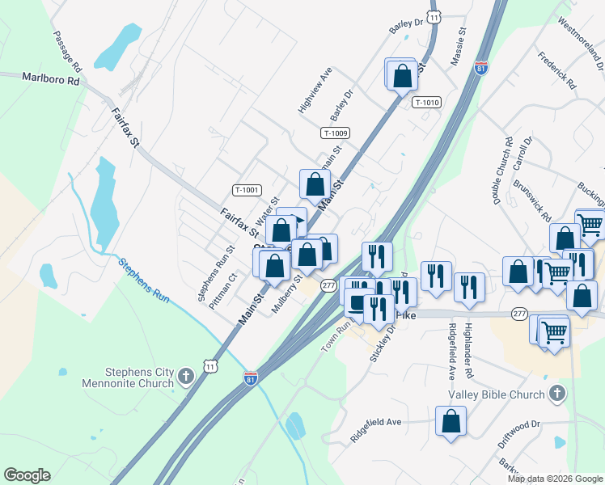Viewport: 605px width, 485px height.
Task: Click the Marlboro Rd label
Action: [x=51, y=80]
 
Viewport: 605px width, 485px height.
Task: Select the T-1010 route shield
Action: [x=426, y=102]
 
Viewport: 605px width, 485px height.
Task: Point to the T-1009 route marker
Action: [x=335, y=133]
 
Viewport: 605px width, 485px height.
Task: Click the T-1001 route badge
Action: [x=247, y=190]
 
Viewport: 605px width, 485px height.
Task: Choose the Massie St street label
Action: [x=458, y=48]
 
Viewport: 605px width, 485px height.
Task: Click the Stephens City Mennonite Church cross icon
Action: [x=186, y=376]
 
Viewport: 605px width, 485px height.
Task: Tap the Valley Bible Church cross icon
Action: [x=556, y=394]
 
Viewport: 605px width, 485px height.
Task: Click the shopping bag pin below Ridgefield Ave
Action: [x=451, y=420]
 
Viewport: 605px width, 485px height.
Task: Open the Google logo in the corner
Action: [x=27, y=475]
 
